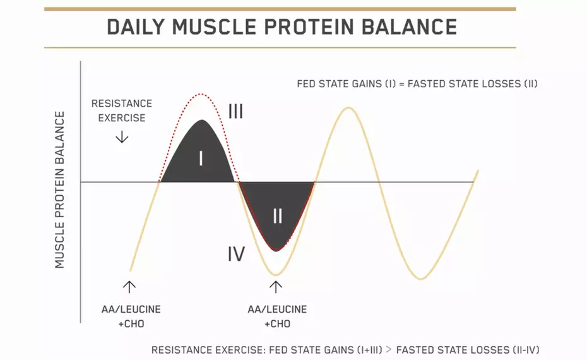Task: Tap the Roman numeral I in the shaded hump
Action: (201, 158)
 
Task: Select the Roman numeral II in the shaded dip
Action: (277, 217)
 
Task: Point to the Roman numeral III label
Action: (235, 112)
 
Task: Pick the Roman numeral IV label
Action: (236, 255)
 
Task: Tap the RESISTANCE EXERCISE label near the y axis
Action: (122, 111)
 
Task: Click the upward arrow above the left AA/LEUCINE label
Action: (129, 286)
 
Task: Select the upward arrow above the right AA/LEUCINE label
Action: (276, 287)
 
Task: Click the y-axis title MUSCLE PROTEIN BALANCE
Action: (60, 189)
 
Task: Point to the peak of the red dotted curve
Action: (201, 94)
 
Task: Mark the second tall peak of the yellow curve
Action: (348, 108)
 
